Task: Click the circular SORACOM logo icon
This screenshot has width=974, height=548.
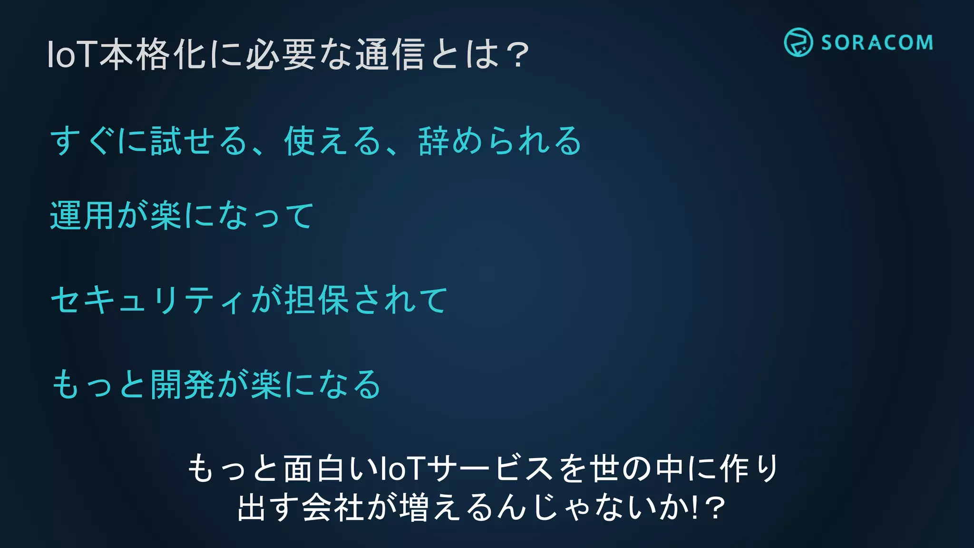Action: coord(798,42)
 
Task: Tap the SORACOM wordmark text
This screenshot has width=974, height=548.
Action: coord(877,43)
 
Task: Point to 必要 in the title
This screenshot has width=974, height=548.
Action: coord(281,55)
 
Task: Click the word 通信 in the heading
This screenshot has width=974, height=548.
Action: coord(390,55)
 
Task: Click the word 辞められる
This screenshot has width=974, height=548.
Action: coord(500,141)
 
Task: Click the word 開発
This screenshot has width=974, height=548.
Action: coord(183,384)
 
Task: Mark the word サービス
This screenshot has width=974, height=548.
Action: coord(490,469)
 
